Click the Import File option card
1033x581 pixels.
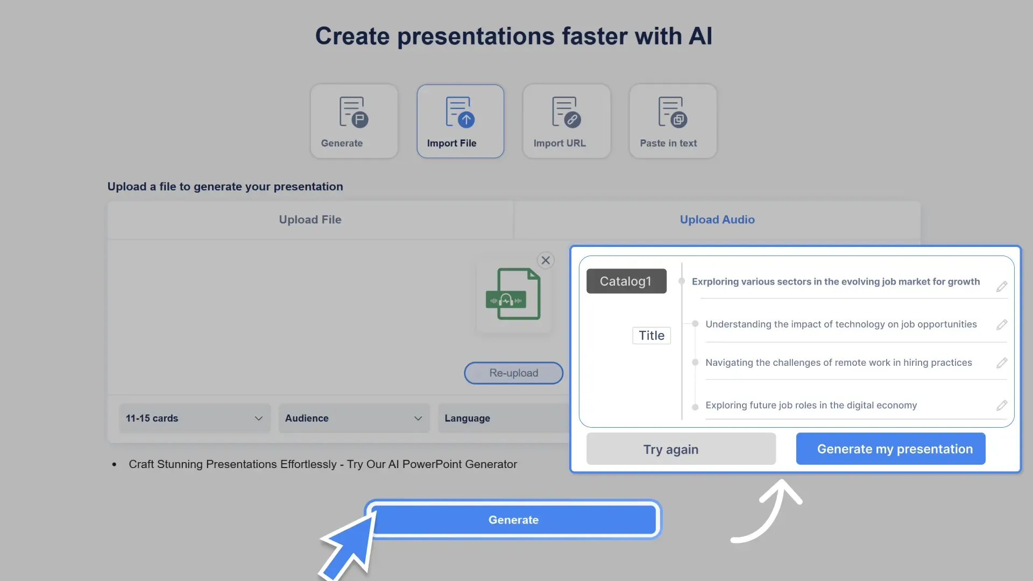[x=460, y=121]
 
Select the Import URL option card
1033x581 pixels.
[x=566, y=121]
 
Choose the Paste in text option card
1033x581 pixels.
[x=673, y=121]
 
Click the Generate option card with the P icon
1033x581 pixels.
[x=354, y=121]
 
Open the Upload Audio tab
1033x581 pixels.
[x=717, y=219]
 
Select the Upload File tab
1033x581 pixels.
[x=310, y=219]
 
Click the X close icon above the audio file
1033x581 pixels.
[x=546, y=260]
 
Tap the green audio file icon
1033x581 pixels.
[x=513, y=294]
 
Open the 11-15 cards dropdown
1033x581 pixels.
[x=194, y=418]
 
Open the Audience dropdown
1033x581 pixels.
[x=353, y=418]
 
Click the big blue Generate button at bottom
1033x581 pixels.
[x=513, y=520]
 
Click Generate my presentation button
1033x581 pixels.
[x=890, y=449]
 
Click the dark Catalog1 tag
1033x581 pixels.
[x=626, y=281]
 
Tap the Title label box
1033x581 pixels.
[x=651, y=335]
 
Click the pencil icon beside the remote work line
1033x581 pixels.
[x=1001, y=363]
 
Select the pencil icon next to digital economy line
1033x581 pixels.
[x=1001, y=406]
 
